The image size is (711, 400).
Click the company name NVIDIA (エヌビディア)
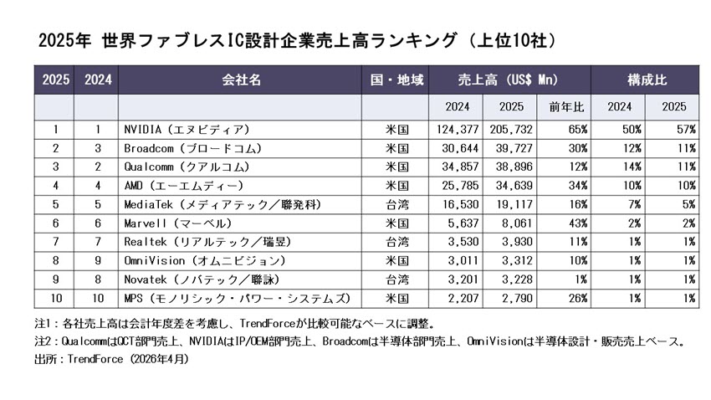(186, 130)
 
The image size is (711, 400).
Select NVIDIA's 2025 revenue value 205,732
(510, 130)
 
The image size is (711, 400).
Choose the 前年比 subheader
(563, 106)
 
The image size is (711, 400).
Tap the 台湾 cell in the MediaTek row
(396, 204)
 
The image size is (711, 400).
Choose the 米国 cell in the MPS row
(396, 297)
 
